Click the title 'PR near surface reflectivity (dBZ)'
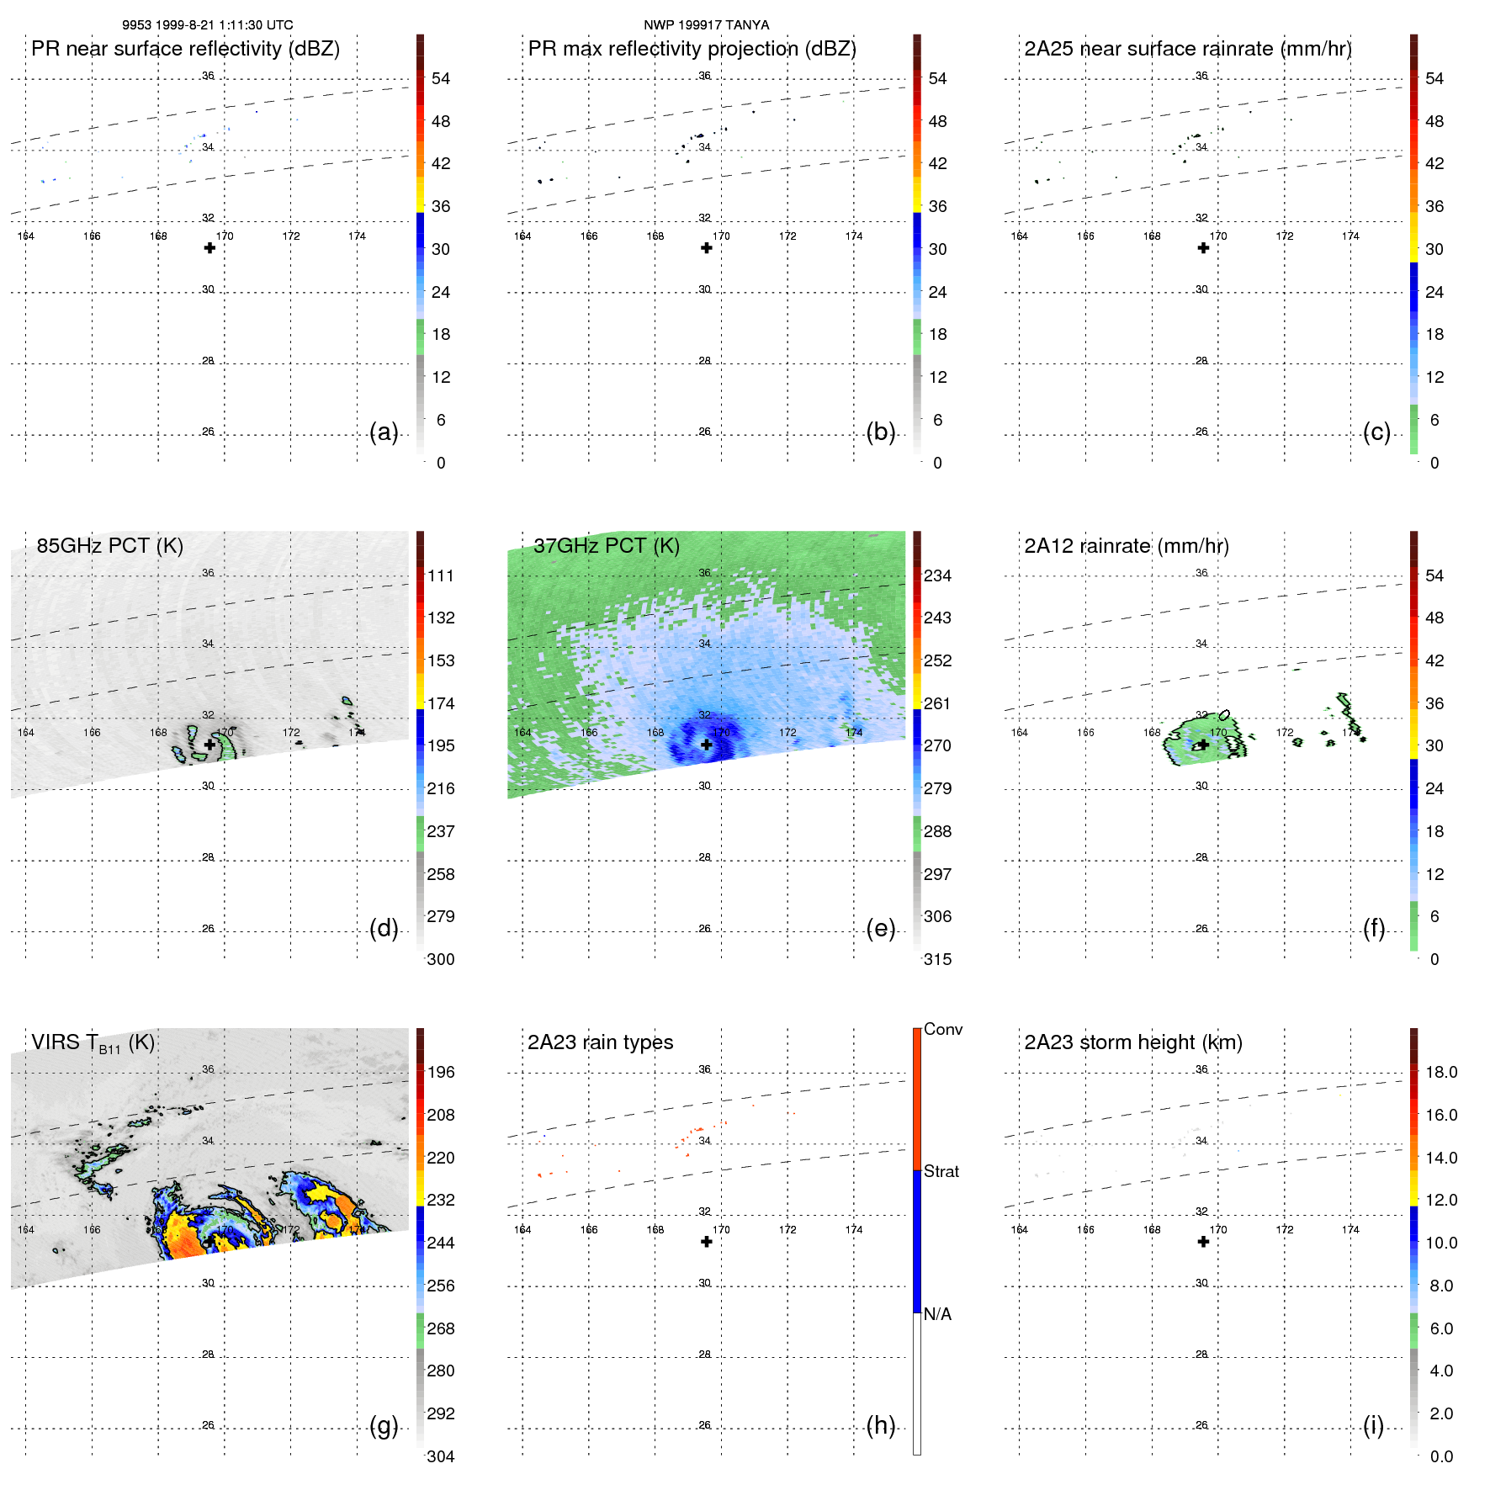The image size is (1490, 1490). tap(185, 49)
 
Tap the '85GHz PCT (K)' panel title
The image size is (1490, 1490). tap(109, 546)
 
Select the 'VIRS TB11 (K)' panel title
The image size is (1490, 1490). tap(93, 1043)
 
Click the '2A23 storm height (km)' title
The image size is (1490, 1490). tap(1133, 1042)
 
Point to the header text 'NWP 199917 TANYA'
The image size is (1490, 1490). tap(706, 25)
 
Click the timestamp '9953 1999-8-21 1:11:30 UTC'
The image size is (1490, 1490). tap(208, 25)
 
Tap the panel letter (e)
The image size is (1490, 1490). tap(881, 929)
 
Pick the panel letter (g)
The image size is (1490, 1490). tap(384, 1426)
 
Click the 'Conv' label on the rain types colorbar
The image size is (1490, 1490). tap(942, 1030)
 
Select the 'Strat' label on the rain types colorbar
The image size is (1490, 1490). tap(941, 1172)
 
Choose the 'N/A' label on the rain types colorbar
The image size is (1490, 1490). tap(937, 1314)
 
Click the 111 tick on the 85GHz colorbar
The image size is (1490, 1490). tap(440, 576)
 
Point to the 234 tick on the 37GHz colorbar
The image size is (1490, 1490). tap(937, 576)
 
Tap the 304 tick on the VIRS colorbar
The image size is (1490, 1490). tap(440, 1456)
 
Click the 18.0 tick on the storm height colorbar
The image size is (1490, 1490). tap(1441, 1073)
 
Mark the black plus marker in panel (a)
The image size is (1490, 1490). tap(209, 248)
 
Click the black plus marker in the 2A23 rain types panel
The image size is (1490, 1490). tap(707, 1242)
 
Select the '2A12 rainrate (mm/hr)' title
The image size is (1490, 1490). tap(1127, 546)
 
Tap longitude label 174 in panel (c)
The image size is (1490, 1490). tap(1350, 236)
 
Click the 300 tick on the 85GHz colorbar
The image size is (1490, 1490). tap(440, 960)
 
